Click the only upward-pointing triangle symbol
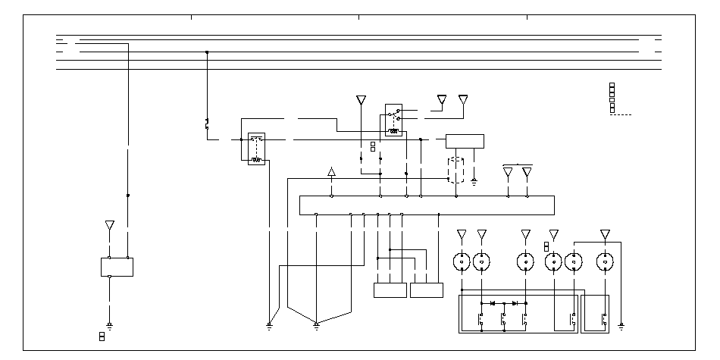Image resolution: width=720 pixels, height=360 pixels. [331, 173]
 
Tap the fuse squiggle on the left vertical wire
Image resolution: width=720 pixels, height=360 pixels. [207, 124]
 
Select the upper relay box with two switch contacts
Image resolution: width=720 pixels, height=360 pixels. [393, 121]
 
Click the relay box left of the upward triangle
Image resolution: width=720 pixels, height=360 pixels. [256, 149]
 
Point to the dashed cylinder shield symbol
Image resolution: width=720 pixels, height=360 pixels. [455, 170]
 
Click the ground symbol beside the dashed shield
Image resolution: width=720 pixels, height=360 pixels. [474, 180]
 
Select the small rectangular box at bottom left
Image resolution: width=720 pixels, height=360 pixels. [117, 267]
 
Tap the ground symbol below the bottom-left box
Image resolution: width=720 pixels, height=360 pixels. [110, 325]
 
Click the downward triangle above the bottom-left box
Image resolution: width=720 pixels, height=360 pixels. [110, 226]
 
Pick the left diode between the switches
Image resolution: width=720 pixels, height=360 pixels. [493, 303]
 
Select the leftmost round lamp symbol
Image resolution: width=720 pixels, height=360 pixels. [462, 262]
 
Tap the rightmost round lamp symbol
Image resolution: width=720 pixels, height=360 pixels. [605, 262]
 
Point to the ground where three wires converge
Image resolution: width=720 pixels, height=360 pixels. [316, 325]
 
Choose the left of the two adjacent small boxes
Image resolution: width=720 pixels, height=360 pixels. [390, 290]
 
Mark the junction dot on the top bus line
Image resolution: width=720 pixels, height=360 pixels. [207, 52]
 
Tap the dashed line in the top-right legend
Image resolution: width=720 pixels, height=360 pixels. [621, 114]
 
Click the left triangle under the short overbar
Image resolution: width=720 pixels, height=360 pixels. [508, 173]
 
